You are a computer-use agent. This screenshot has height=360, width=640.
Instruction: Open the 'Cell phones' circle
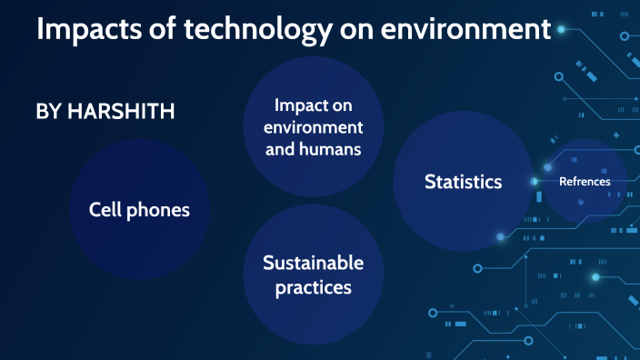pyautogui.click(x=139, y=210)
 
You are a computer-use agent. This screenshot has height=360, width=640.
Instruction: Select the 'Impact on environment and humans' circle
pyautogui.click(x=314, y=126)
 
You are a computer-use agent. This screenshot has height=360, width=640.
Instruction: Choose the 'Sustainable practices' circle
pyautogui.click(x=314, y=274)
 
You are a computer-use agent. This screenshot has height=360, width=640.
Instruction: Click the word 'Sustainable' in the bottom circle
pyautogui.click(x=314, y=263)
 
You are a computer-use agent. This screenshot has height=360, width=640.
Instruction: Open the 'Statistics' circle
pyautogui.click(x=463, y=182)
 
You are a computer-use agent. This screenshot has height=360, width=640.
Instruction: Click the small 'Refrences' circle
pyautogui.click(x=585, y=182)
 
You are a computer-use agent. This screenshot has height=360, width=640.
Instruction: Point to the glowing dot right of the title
pyautogui.click(x=561, y=30)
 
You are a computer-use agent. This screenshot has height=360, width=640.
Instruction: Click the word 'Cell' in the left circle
pyautogui.click(x=105, y=210)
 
